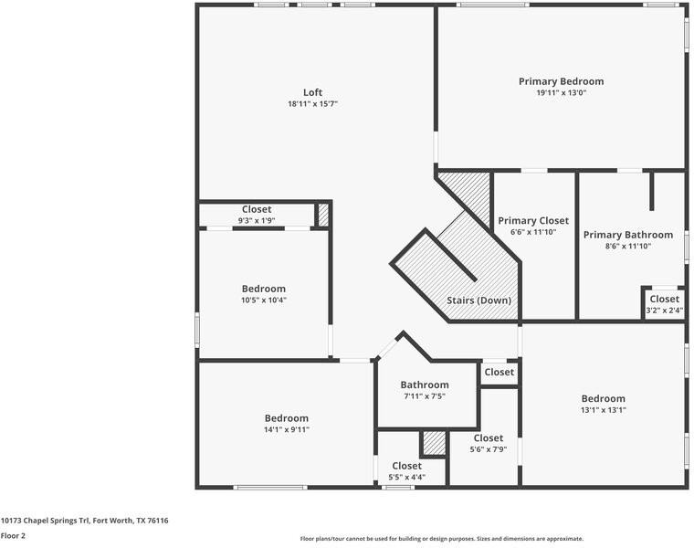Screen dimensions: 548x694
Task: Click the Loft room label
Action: [x=312, y=92]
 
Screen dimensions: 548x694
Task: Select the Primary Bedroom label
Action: [x=561, y=81]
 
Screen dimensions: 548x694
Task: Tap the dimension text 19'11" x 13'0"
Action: [x=561, y=93]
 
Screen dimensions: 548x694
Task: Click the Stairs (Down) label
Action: [x=478, y=300]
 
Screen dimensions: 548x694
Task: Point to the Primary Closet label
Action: [x=533, y=220]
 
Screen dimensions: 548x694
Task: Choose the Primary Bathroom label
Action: [x=628, y=235]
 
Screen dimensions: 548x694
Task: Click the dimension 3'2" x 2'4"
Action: [x=664, y=311]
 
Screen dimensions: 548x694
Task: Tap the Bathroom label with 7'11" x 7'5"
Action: [x=425, y=385]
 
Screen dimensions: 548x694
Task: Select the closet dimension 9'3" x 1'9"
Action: [x=257, y=221]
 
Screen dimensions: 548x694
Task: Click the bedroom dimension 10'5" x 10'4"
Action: [x=264, y=300]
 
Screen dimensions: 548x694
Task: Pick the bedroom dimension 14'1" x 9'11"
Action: [x=287, y=429]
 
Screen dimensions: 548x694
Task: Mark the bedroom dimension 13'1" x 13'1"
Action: [x=604, y=410]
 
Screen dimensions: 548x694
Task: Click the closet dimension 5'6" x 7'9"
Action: [x=488, y=449]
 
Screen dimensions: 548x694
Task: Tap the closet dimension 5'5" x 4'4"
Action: [x=406, y=477]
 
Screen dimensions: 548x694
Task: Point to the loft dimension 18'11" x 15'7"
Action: [x=312, y=104]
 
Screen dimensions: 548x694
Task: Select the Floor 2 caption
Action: [x=13, y=536]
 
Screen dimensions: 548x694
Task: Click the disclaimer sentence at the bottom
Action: [x=442, y=539]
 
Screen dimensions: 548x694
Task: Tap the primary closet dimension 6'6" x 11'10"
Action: [x=533, y=232]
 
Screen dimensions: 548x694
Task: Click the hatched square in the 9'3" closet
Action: [x=323, y=215]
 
